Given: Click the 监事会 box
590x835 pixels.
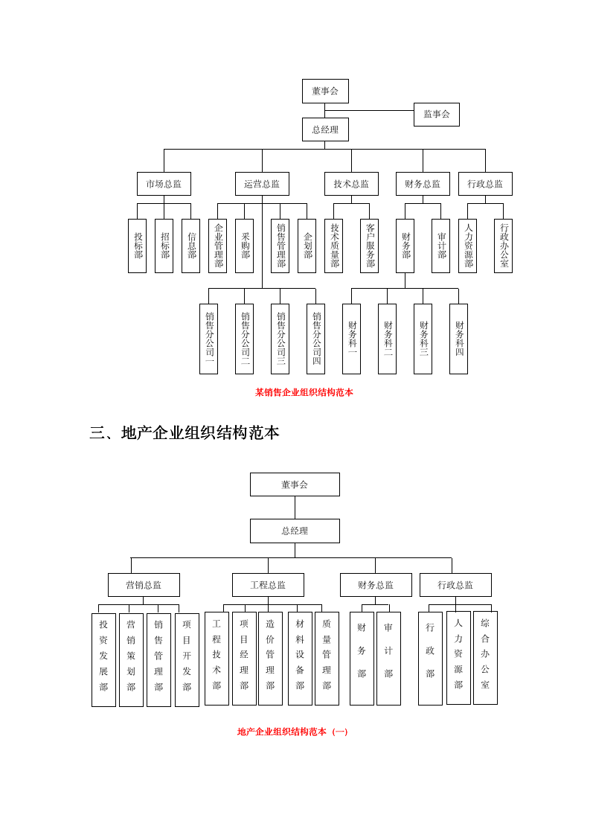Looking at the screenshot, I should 436,115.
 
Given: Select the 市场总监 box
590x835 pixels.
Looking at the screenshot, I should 164,184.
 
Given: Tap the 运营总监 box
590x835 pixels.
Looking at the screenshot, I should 262,184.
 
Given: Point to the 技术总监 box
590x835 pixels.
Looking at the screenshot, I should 351,184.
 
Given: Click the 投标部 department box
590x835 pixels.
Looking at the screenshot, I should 137,246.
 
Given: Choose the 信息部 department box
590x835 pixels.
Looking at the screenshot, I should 190,246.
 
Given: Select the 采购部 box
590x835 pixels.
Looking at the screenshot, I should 244,246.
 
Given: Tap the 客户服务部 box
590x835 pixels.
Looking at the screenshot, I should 369,246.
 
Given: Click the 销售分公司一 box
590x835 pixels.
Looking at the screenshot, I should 208,339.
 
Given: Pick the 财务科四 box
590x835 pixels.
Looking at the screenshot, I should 458,339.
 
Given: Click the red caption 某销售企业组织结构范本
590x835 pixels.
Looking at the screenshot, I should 304,392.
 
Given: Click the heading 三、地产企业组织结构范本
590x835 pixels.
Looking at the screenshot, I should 185,432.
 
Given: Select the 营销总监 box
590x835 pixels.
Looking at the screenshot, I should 144,585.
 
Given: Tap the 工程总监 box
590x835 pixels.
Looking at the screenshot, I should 268,585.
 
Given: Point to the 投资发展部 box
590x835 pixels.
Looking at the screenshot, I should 103,659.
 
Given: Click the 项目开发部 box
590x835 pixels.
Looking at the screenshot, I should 187,659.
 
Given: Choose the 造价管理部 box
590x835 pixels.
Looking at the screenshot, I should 270,659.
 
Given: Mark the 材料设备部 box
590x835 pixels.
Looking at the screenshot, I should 300,659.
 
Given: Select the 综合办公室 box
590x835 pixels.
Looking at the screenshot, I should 485,658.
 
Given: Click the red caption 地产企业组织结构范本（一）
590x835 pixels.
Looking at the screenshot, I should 292,732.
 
